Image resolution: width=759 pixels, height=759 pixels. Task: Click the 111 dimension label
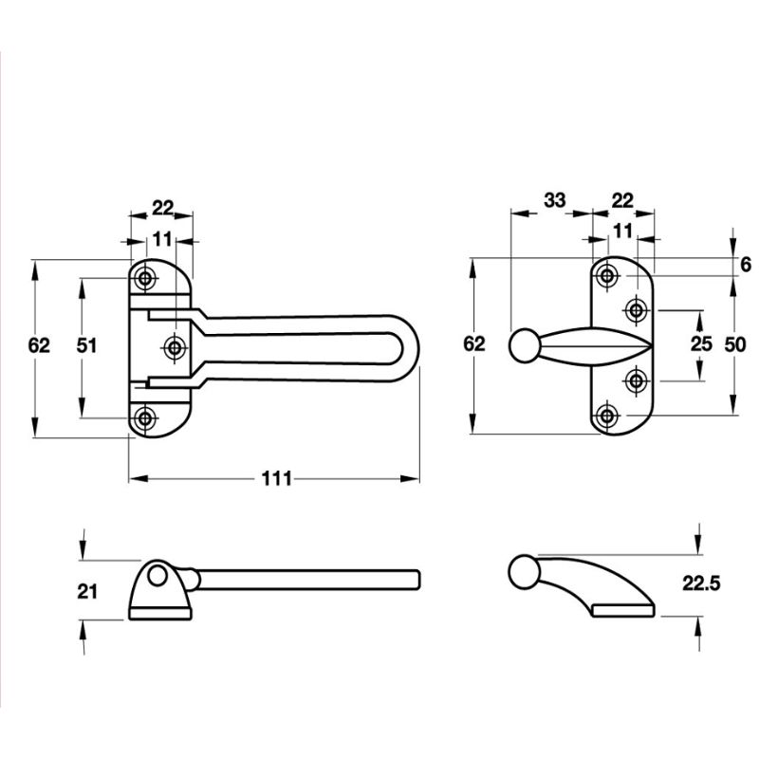276,478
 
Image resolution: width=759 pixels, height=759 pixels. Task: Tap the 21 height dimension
88,591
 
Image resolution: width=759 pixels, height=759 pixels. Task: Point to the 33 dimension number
554,200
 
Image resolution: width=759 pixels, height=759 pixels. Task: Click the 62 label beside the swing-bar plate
39,346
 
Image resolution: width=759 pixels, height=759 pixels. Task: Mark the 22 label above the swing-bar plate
163,207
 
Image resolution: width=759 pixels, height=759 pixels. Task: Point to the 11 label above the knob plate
622,231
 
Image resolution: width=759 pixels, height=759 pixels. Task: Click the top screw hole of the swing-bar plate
145,278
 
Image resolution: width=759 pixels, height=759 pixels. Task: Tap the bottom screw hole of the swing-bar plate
145,417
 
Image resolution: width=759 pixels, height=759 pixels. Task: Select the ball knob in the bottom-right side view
521,573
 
